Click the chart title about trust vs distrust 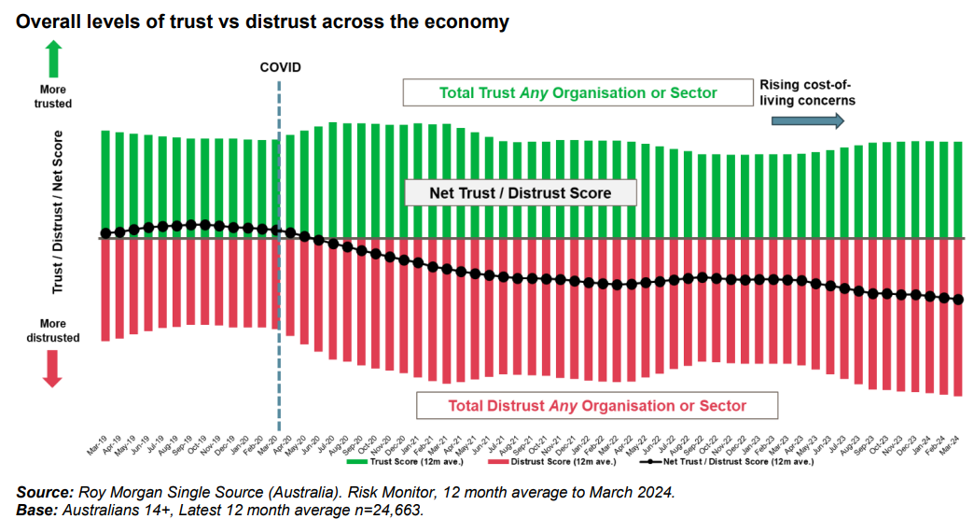point(261,21)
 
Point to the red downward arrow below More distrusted point(52,369)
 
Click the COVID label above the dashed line point(280,67)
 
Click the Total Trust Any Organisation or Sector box point(577,93)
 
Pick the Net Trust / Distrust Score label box point(520,193)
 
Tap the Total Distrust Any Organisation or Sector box point(597,405)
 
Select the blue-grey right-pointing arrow point(811,120)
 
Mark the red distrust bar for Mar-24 point(957,316)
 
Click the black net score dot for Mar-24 point(957,300)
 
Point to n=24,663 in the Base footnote point(387,509)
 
